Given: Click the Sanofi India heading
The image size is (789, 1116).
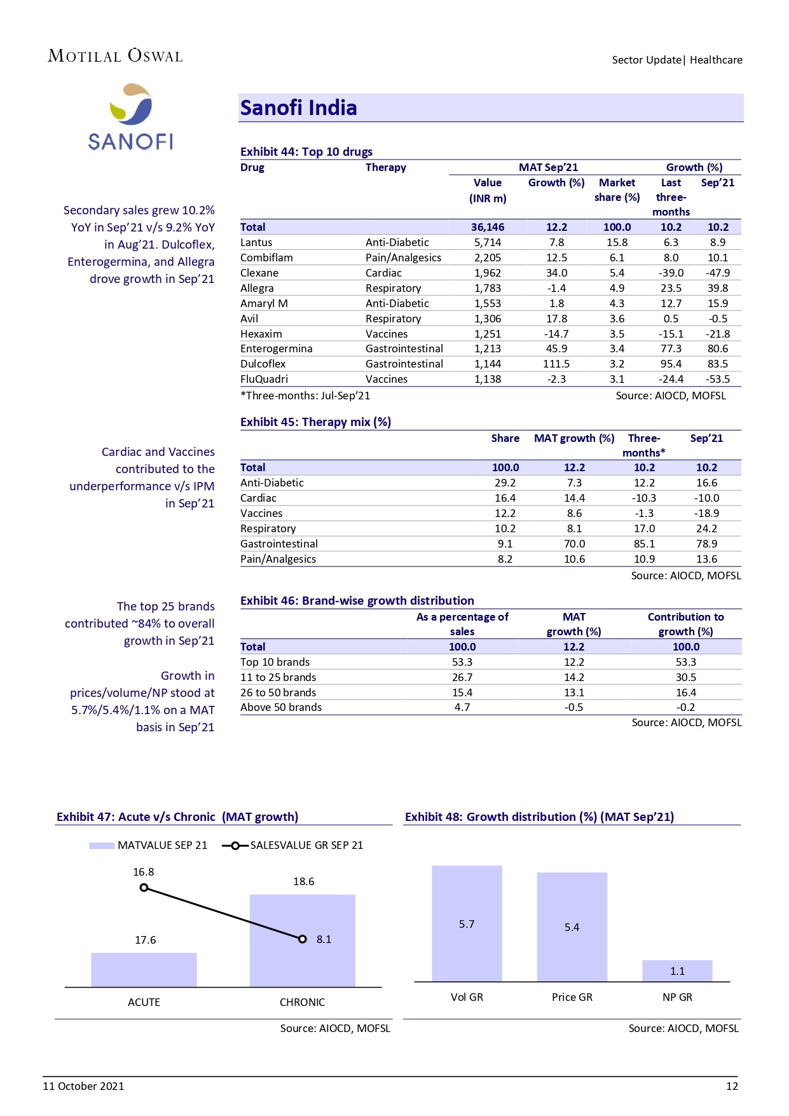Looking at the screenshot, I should pos(298,108).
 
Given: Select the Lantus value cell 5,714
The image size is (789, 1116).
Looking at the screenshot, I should pos(488,242).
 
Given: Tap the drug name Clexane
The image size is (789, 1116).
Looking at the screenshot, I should pos(259,273).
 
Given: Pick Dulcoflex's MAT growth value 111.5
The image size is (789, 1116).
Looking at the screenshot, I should pos(556,364).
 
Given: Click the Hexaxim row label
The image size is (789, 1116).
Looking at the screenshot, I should pos(261,334).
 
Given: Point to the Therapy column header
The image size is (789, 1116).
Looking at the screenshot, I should pos(385,167).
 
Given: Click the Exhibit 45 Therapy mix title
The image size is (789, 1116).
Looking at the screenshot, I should pos(315,422).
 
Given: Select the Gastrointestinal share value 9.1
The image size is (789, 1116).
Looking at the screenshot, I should pos(505,544).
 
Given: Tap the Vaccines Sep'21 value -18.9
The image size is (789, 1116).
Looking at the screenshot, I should pos(706,513).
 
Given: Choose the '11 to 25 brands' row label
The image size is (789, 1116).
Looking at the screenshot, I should pos(278,677).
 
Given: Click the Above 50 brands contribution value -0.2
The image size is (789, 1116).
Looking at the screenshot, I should pos(685,707).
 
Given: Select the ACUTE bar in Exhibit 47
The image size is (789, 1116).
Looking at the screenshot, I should pos(144,970).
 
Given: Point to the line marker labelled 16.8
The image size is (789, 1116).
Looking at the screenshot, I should pos(144,888).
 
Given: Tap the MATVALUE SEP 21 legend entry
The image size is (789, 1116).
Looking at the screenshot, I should pos(149,845).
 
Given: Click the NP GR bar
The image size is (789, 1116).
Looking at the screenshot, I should pos(677,971).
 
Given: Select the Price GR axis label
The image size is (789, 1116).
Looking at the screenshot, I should pos(572,997).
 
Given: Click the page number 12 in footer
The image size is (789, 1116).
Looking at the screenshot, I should pos(732,1086).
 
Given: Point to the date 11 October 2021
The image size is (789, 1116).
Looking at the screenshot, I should pos(83,1086).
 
